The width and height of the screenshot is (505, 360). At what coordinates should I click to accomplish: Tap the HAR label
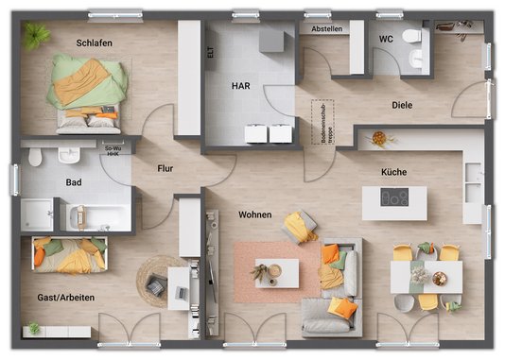click(x=241, y=86)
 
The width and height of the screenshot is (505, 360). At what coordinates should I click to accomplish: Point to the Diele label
click(x=408, y=106)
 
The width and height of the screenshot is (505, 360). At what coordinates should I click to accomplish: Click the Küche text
click(x=394, y=173)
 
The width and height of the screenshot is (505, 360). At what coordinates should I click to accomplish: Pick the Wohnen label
click(x=255, y=214)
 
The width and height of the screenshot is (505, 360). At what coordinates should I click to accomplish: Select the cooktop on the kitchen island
click(x=394, y=198)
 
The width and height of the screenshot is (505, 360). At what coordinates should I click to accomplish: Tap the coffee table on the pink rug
click(x=277, y=272)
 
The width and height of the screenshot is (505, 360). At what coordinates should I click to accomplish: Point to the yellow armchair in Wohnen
click(x=301, y=227)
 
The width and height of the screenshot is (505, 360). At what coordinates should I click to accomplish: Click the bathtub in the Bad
click(x=99, y=216)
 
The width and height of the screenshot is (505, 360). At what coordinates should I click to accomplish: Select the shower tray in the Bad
click(x=39, y=214)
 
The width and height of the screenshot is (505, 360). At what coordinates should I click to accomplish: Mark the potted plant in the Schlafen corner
click(x=37, y=36)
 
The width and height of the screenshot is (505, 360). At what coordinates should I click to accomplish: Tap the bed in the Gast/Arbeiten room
click(x=70, y=255)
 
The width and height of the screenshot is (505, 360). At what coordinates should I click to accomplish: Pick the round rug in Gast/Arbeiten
click(x=155, y=281)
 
